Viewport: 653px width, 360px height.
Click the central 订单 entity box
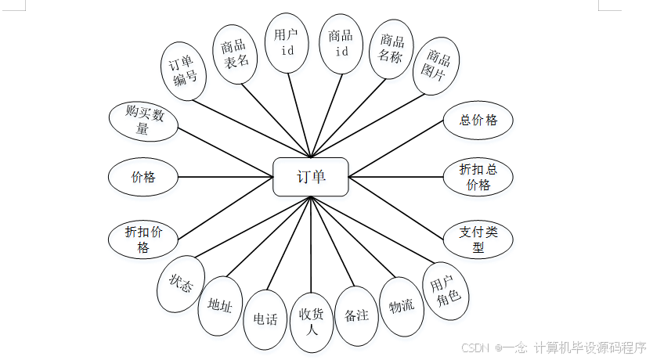(x=311, y=177)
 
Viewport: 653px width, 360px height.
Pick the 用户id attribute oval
(x=287, y=42)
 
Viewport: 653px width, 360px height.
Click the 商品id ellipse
(x=341, y=43)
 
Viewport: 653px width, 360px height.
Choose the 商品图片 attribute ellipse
(x=436, y=66)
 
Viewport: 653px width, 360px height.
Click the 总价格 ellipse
(x=478, y=121)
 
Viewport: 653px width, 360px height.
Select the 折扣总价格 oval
(x=478, y=177)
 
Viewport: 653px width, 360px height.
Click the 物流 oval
(x=402, y=306)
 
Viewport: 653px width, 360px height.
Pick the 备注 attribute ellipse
(x=356, y=315)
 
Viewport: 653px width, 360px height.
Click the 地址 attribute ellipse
(x=220, y=305)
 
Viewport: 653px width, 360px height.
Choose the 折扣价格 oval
(x=143, y=239)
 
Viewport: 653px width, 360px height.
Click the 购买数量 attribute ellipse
(x=143, y=121)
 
